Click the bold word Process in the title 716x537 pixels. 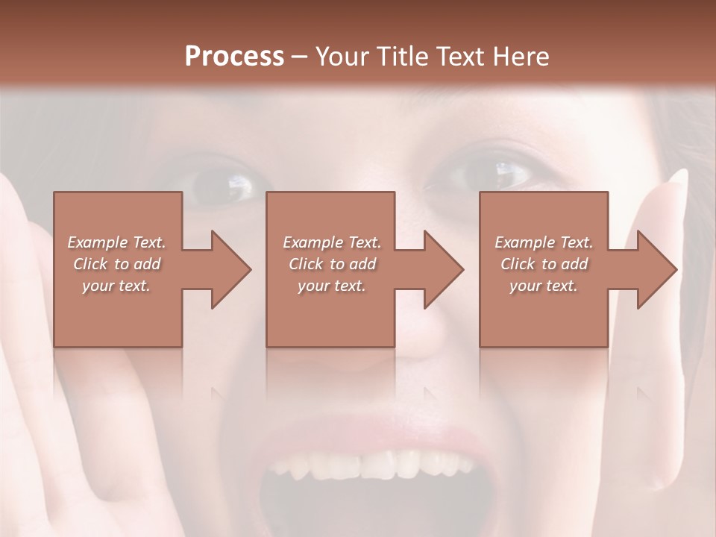pos(234,57)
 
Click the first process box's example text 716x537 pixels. pos(116,264)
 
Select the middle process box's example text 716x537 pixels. pos(331,264)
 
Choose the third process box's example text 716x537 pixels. pos(544,264)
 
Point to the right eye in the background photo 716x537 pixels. pos(492,176)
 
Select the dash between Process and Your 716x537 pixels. pos(300,57)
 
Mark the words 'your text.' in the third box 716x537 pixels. pos(544,286)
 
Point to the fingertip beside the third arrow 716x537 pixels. pos(679,179)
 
